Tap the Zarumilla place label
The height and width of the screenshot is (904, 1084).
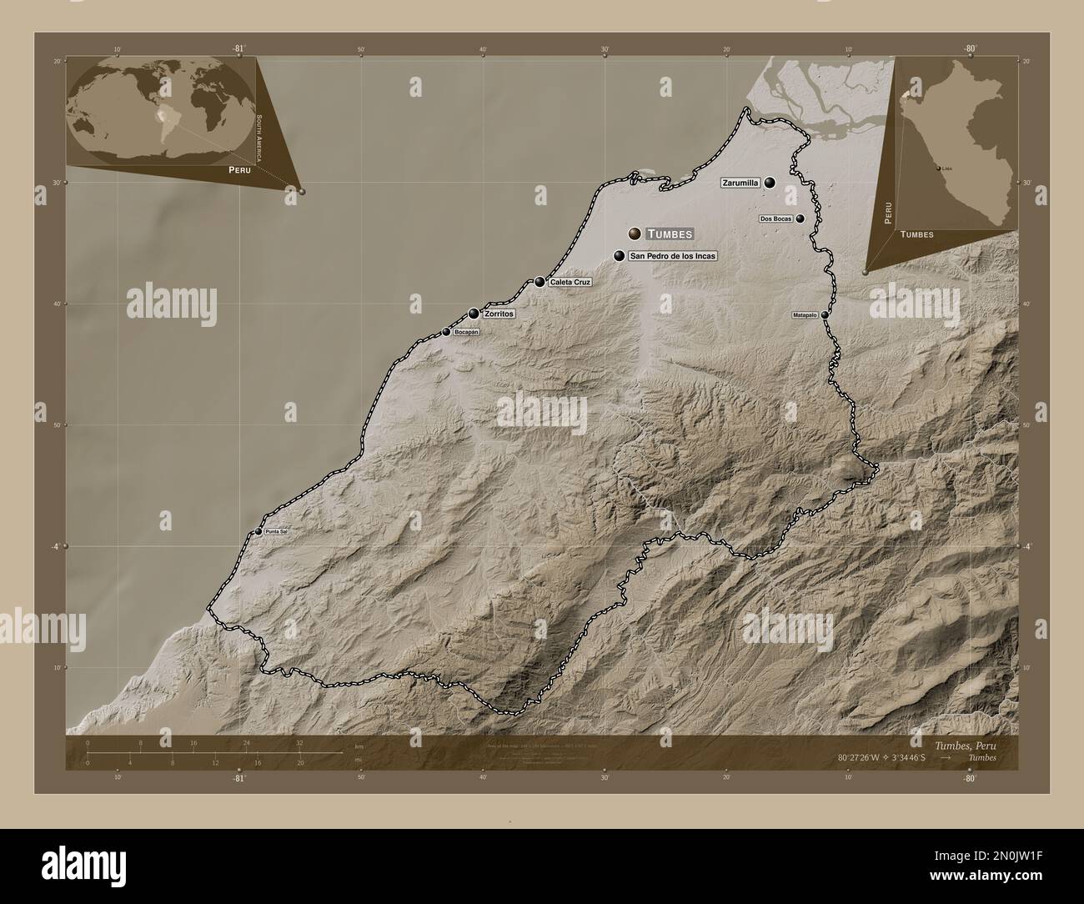[x=740, y=182]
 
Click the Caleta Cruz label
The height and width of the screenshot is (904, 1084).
[x=570, y=283]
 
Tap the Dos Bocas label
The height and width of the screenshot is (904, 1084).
[x=775, y=218]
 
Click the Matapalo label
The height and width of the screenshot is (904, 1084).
[x=805, y=315]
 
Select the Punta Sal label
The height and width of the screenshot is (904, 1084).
[x=277, y=531]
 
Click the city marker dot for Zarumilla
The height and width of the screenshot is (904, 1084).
[x=770, y=182]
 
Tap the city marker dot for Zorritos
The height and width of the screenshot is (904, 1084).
[x=474, y=314]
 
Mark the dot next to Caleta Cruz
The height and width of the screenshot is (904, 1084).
[x=540, y=282]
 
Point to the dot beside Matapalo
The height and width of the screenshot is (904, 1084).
[x=825, y=315]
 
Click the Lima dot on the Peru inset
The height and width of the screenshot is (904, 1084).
[x=939, y=168]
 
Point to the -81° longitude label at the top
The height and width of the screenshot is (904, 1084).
[x=238, y=49]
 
